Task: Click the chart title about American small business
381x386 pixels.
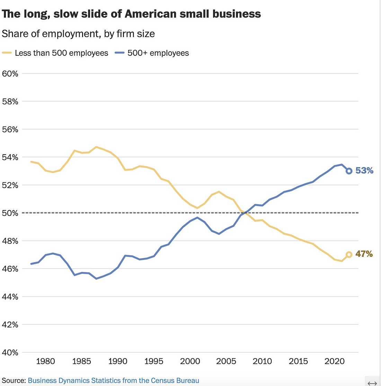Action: pyautogui.click(x=131, y=14)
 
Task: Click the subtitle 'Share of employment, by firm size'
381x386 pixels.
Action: pyautogui.click(x=78, y=34)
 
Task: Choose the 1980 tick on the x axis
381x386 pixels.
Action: pyautogui.click(x=45, y=361)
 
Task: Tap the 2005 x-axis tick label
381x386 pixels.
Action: pyautogui.click(x=226, y=361)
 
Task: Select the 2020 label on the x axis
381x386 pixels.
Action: pyautogui.click(x=335, y=361)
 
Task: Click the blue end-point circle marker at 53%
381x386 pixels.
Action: pyautogui.click(x=349, y=171)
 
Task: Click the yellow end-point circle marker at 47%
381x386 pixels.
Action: pyautogui.click(x=349, y=254)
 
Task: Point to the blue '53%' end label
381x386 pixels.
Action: pyautogui.click(x=364, y=170)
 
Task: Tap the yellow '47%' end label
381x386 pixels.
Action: pyautogui.click(x=364, y=254)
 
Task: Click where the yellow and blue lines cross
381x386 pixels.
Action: pyautogui.click(x=245, y=212)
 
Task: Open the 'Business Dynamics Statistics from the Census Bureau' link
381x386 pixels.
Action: pyautogui.click(x=113, y=380)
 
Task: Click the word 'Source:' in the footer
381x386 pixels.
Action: pyautogui.click(x=14, y=380)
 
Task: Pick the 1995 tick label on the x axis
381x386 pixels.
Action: pyautogui.click(x=154, y=361)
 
